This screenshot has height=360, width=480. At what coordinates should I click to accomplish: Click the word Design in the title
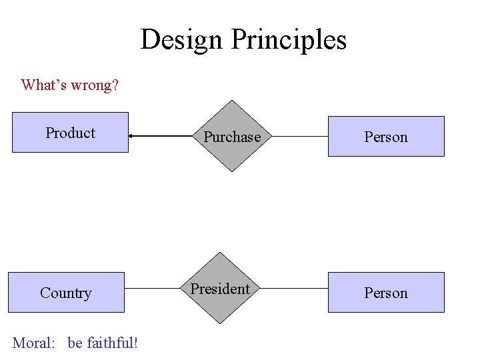(x=182, y=39)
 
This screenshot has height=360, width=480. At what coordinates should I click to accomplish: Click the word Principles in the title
(x=289, y=39)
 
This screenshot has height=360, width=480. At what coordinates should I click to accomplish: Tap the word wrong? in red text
(x=95, y=85)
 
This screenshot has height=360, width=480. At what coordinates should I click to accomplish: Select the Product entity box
(x=70, y=133)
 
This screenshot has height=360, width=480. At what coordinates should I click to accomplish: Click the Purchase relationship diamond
(x=231, y=136)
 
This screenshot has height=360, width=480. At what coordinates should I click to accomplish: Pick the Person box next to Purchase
(x=385, y=137)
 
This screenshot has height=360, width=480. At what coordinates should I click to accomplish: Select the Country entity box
(x=66, y=293)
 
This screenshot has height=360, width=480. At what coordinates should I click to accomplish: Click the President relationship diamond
(x=220, y=289)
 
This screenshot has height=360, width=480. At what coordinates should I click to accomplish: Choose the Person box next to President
(x=385, y=293)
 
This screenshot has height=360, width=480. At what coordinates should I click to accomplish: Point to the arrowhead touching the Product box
(x=132, y=136)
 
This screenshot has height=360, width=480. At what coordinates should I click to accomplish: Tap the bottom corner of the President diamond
(x=220, y=325)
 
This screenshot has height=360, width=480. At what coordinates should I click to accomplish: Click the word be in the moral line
(x=75, y=343)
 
